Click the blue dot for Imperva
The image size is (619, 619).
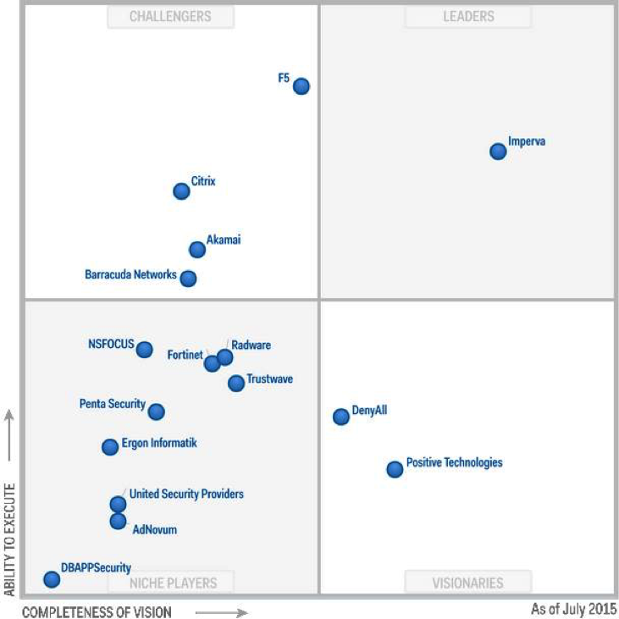[498, 152]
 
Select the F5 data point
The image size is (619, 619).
[301, 86]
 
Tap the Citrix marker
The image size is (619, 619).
[181, 191]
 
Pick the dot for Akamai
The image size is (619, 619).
[197, 250]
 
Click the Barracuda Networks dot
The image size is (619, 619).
[189, 279]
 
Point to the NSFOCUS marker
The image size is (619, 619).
[145, 350]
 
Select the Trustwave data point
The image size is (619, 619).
[236, 384]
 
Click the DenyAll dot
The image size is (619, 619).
[341, 417]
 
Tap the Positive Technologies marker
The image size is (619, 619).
[395, 469]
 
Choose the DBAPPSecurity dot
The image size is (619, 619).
[52, 580]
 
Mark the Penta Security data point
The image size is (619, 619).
[157, 412]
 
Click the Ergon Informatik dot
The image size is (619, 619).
[110, 447]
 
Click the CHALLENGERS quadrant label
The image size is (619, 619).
[170, 17]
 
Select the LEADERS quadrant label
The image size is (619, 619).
[468, 17]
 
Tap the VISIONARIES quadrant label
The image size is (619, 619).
[468, 583]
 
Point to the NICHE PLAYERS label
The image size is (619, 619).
[174, 583]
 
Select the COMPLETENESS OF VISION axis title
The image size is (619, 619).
[97, 611]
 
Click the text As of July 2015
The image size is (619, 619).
[573, 609]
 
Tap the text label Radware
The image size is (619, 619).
[251, 345]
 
